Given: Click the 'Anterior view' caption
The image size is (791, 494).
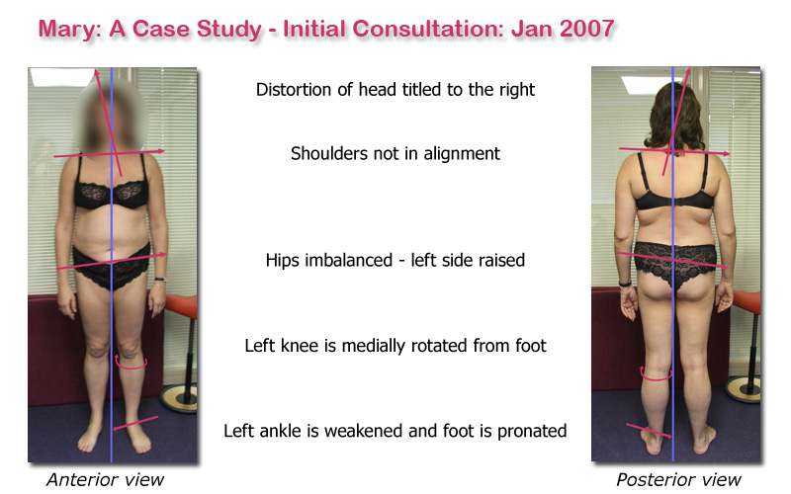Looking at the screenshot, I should [x=105, y=480].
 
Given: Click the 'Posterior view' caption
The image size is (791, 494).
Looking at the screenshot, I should [x=678, y=480].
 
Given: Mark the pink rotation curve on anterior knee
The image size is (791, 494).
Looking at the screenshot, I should [x=131, y=363].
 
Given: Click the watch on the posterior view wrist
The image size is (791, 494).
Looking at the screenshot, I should [x=625, y=284].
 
